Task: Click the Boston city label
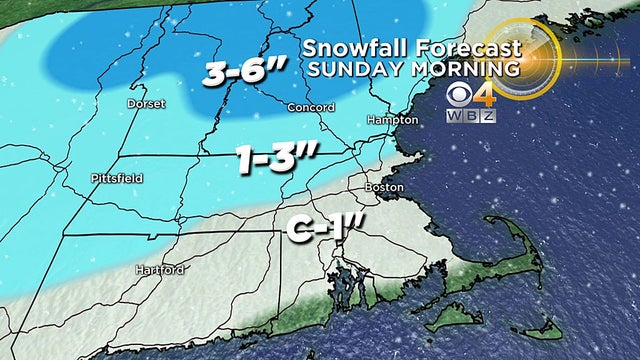pyautogui.click(x=385, y=187)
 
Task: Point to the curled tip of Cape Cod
pyautogui.click(x=492, y=221)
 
